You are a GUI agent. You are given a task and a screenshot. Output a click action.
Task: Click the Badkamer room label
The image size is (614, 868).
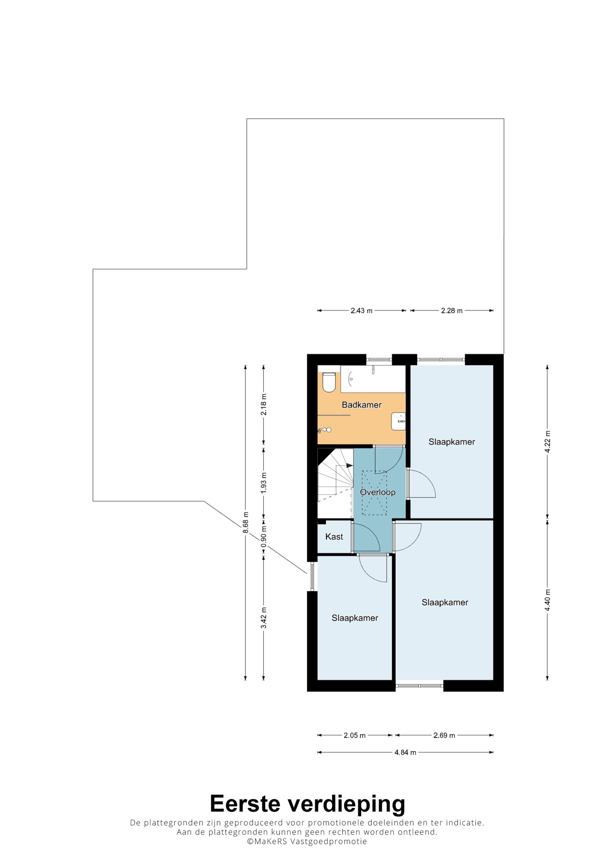point(361,405)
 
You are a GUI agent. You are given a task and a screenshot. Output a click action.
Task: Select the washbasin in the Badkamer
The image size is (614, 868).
point(398,421)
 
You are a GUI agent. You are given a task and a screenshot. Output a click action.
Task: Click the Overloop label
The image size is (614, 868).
point(378,492)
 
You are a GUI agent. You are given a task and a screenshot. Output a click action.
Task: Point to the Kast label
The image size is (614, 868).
point(334,536)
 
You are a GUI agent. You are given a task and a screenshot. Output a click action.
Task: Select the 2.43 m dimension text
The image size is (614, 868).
point(361,311)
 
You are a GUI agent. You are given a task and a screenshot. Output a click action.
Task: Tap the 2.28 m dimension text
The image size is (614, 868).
point(452,311)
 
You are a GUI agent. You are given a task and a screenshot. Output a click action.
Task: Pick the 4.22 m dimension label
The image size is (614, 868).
point(547,442)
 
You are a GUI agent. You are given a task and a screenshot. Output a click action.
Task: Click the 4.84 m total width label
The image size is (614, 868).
point(405,752)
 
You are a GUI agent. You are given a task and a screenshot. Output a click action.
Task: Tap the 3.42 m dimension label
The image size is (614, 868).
point(264,618)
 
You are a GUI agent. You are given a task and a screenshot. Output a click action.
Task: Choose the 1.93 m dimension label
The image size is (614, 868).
point(264,482)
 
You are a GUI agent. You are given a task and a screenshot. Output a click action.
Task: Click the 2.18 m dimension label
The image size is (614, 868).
point(264,405)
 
